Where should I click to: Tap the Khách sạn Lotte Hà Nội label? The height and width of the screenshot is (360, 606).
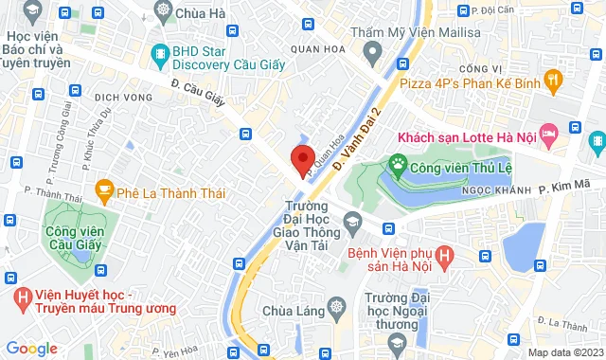[x=468, y=137]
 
